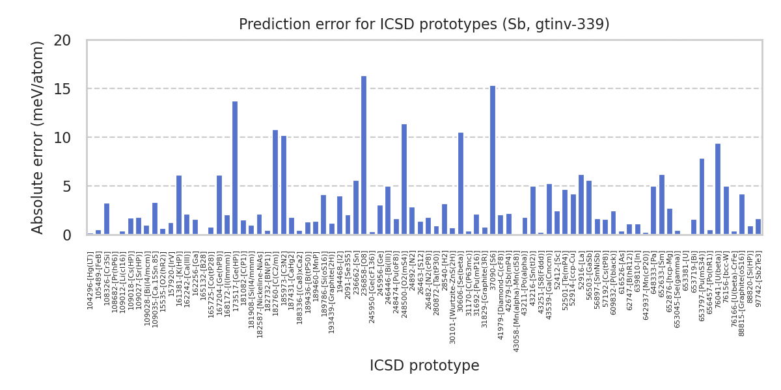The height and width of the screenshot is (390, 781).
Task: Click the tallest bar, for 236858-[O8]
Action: (x=364, y=155)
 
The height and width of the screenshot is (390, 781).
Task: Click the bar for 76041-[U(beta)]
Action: (x=718, y=189)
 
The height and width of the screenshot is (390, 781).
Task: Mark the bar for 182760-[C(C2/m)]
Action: (x=275, y=182)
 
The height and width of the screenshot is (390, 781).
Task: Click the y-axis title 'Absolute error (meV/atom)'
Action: (x=38, y=137)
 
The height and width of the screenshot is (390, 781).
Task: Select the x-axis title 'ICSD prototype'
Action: (x=424, y=366)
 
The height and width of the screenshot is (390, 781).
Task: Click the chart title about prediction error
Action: (x=424, y=25)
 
